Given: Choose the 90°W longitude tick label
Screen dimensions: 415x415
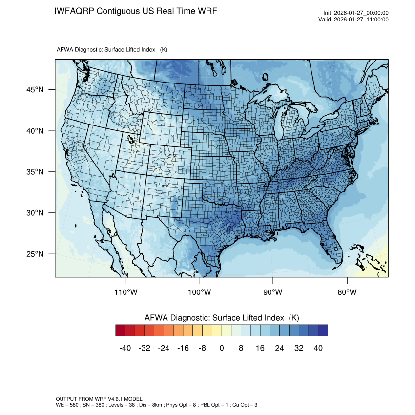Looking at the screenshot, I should click(273, 292).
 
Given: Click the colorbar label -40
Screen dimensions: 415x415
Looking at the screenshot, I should click(125, 348).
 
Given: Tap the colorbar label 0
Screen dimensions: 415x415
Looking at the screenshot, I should click(222, 348).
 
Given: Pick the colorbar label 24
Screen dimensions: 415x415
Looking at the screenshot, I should click(279, 348).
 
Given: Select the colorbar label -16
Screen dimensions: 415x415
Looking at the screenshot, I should click(183, 348).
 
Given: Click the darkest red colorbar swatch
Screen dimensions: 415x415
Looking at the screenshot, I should click(121, 331).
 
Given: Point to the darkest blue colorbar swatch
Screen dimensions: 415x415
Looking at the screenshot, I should click(323, 331).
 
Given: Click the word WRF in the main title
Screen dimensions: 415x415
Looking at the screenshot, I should click(207, 11).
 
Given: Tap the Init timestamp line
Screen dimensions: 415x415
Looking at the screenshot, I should click(356, 13).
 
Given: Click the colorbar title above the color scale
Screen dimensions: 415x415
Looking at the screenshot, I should click(222, 318).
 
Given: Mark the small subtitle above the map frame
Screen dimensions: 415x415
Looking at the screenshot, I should click(112, 50).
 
